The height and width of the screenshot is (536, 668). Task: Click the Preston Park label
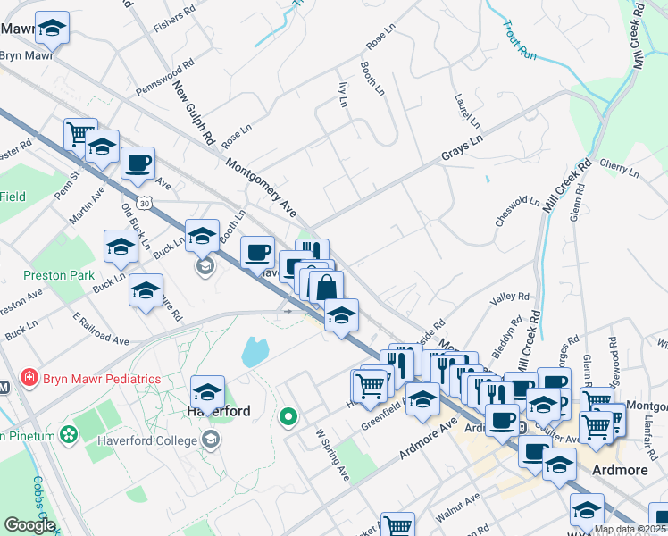[52, 275]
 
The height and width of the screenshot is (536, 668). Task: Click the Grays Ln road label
[462, 148]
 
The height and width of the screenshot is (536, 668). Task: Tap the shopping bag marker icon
[326, 288]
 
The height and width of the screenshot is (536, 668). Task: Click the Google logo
[29, 525]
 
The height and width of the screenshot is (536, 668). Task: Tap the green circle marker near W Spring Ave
[288, 416]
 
